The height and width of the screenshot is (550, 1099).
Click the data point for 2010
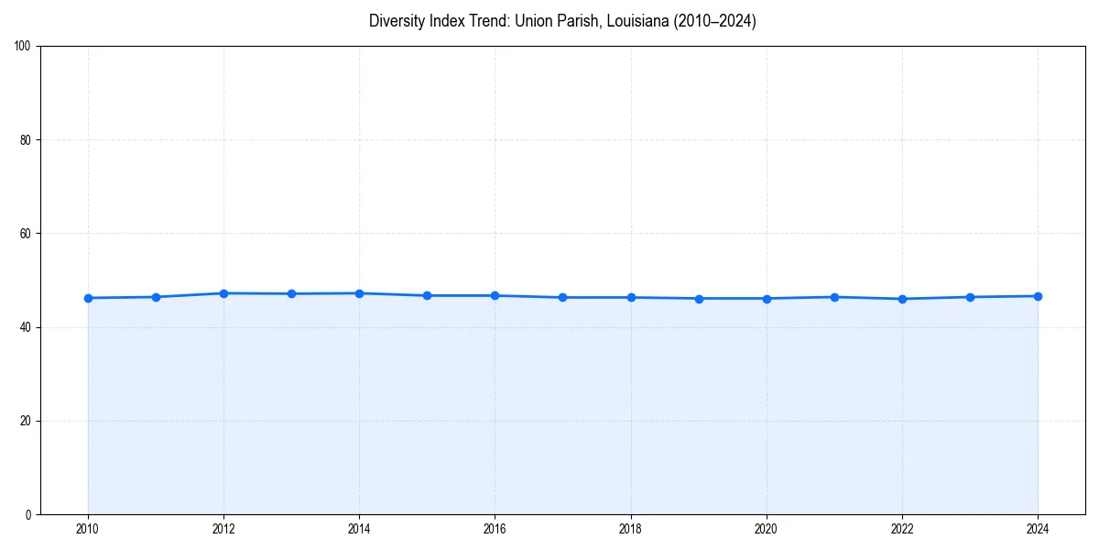pos(88,298)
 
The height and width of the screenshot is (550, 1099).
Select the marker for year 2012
pos(223,293)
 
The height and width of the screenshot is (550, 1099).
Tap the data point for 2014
pos(359,293)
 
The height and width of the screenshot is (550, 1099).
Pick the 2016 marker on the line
pos(495,295)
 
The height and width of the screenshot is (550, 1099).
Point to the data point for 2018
pos(631,297)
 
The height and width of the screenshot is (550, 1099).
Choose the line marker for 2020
pos(767,298)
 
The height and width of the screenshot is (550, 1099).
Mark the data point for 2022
pos(902,299)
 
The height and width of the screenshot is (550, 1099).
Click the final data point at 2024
pos(1038,296)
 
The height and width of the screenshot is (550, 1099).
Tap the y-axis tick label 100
pos(24,47)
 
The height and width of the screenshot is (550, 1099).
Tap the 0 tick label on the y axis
pos(29,514)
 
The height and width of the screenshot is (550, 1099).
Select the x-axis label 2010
pos(88,528)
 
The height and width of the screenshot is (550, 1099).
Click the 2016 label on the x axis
pos(495,528)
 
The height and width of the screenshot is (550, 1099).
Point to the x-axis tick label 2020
pos(767,528)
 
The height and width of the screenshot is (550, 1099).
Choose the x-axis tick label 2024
pos(1038,528)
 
